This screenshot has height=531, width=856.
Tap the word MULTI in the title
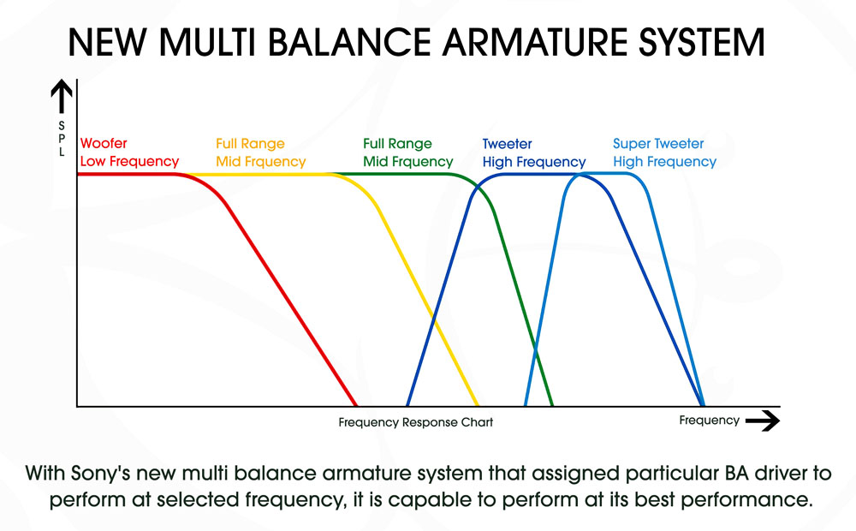click(x=213, y=43)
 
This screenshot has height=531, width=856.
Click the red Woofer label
click(x=103, y=144)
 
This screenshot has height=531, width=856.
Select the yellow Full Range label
click(x=250, y=144)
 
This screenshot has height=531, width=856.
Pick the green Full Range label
click(x=397, y=144)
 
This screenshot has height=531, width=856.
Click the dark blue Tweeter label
click(x=507, y=144)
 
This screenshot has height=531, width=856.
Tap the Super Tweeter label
click(x=658, y=144)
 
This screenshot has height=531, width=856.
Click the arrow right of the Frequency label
click(x=762, y=421)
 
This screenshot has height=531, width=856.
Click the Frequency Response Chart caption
click(x=415, y=422)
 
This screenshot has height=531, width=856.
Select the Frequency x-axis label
click(x=709, y=421)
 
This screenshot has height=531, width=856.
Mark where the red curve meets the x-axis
click(x=356, y=405)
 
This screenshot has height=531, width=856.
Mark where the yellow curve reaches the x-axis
click(x=477, y=405)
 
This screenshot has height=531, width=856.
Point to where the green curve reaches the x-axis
click(x=553, y=405)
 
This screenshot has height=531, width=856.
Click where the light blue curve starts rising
click(x=526, y=405)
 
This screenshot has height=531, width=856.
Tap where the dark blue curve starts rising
click(x=407, y=405)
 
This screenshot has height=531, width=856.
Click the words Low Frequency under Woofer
click(x=129, y=161)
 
